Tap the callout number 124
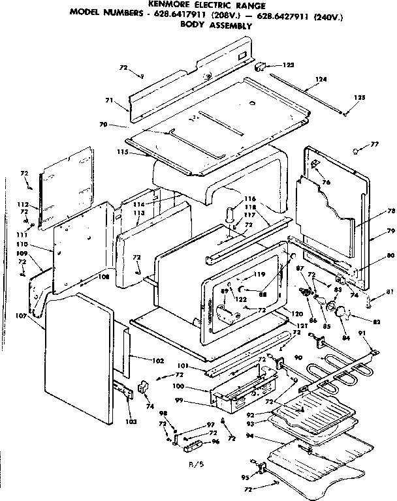(320, 80)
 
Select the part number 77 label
(374, 144)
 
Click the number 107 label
(36, 317)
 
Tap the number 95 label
(246, 477)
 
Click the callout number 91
(363, 333)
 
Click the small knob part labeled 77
(356, 150)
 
